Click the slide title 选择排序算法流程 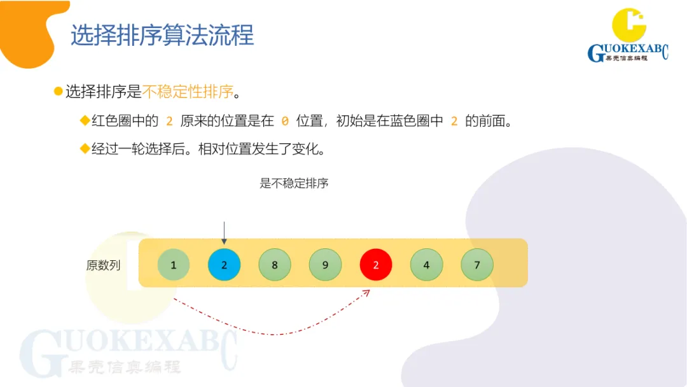tap(162, 36)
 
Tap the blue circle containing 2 tap(224, 265)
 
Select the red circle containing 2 tap(376, 265)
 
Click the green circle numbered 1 tap(174, 265)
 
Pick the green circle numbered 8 tap(275, 265)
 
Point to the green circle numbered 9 tap(325, 265)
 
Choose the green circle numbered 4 tap(426, 265)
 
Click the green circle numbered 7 tap(477, 265)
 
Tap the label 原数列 tap(103, 265)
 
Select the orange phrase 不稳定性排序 tap(188, 92)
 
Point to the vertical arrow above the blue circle tap(224, 233)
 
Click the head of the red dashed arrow tap(367, 292)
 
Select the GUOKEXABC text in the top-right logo tap(627, 52)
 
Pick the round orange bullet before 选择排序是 tap(59, 92)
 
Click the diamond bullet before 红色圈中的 tap(84, 121)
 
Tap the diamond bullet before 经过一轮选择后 tap(84, 149)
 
